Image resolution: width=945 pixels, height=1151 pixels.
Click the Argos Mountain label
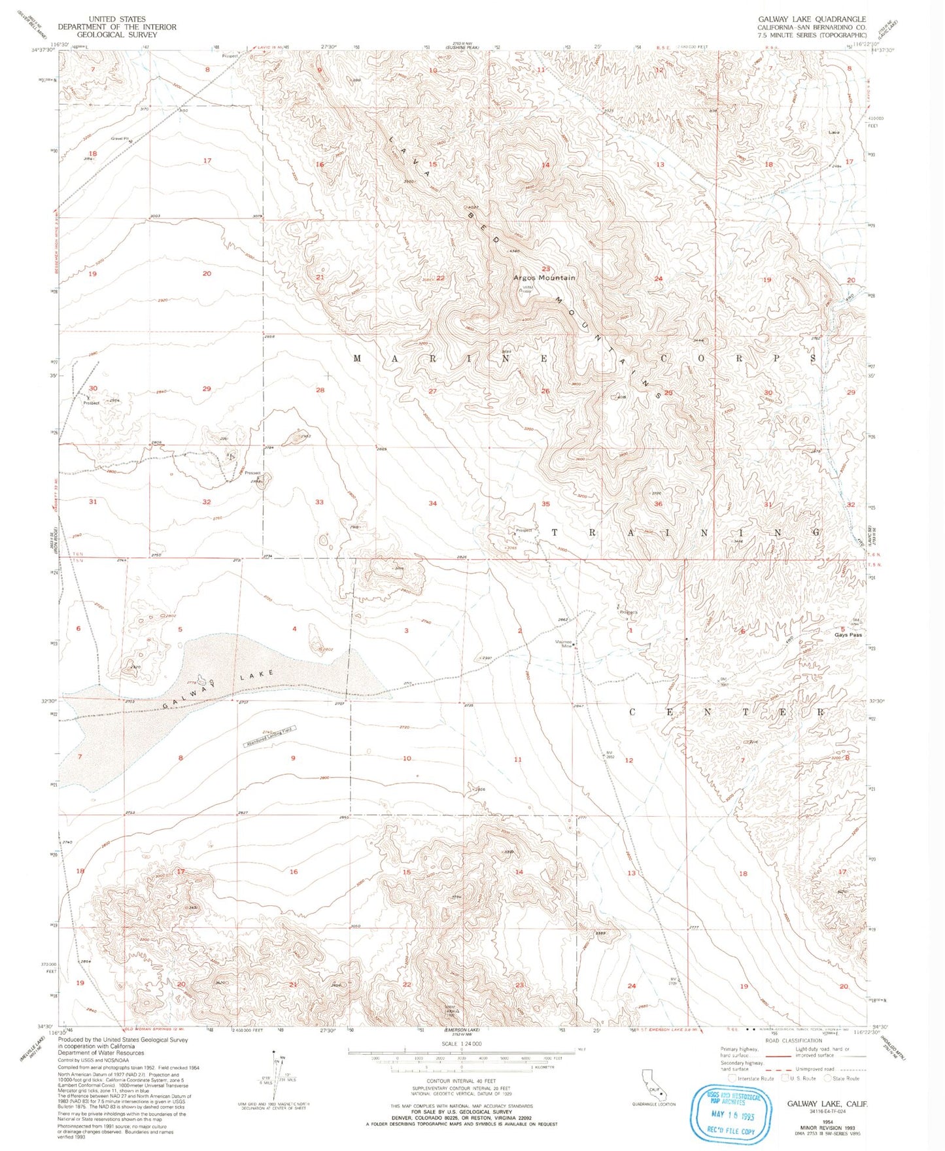(x=544, y=278)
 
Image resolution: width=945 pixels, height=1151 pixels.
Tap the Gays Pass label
(x=848, y=635)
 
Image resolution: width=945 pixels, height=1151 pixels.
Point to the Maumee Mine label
(x=564, y=644)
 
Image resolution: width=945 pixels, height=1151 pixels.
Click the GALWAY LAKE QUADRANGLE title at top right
(x=811, y=20)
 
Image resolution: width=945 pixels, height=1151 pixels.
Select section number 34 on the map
(x=432, y=504)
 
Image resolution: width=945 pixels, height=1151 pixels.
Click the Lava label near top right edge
(x=833, y=133)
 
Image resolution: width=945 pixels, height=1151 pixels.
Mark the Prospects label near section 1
(x=628, y=613)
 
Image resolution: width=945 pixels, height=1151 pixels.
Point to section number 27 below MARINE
(x=432, y=391)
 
